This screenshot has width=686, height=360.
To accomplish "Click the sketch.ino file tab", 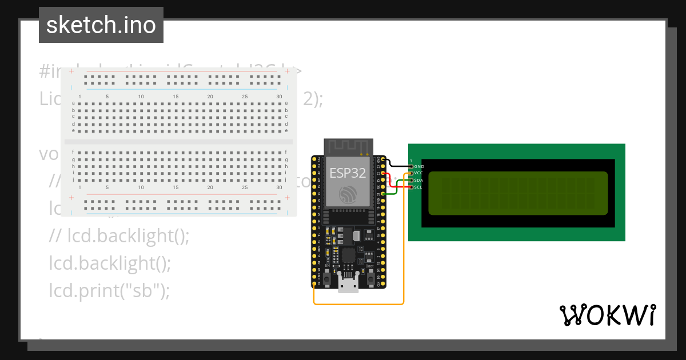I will pyautogui.click(x=101, y=25).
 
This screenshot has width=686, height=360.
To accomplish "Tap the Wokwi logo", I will pyautogui.click(x=607, y=315).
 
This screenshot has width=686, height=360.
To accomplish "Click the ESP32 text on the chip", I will pyautogui.click(x=348, y=173).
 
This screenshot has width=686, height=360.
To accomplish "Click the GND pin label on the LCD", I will pyautogui.click(x=419, y=166).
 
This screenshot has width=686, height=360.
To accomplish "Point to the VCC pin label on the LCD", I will pyautogui.click(x=418, y=173).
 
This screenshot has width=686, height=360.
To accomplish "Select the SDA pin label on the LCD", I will pyautogui.click(x=418, y=180).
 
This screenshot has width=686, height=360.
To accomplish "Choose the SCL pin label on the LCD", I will pyautogui.click(x=418, y=187).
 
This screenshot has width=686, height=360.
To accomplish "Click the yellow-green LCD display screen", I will pyautogui.click(x=517, y=193).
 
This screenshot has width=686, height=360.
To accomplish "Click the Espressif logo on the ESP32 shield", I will pyautogui.click(x=348, y=194).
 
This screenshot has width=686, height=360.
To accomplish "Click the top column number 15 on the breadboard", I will pyautogui.click(x=176, y=96).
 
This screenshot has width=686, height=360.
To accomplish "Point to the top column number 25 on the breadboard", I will pyautogui.click(x=245, y=96).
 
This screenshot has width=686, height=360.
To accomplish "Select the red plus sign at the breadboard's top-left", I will pyautogui.click(x=71, y=71).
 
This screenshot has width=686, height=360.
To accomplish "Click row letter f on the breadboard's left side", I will pyautogui.click(x=73, y=152).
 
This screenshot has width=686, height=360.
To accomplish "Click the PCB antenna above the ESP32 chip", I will pyautogui.click(x=348, y=147).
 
